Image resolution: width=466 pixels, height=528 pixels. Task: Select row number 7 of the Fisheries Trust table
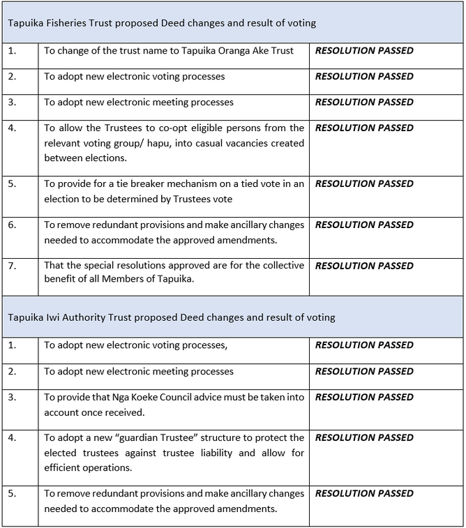click(12, 266)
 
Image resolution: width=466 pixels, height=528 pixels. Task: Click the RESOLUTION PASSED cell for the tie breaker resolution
click(364, 184)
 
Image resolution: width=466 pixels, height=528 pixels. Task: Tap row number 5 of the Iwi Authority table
click(12, 493)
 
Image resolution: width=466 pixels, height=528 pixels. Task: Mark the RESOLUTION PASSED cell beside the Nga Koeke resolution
click(364, 397)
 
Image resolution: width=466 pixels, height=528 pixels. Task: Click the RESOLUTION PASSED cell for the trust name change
click(364, 51)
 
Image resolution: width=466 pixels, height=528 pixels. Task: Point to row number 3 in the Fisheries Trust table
click(12, 103)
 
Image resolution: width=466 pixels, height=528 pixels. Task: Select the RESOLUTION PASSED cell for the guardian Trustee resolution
click(364, 438)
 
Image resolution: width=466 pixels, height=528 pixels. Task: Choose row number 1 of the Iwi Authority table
click(12, 345)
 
